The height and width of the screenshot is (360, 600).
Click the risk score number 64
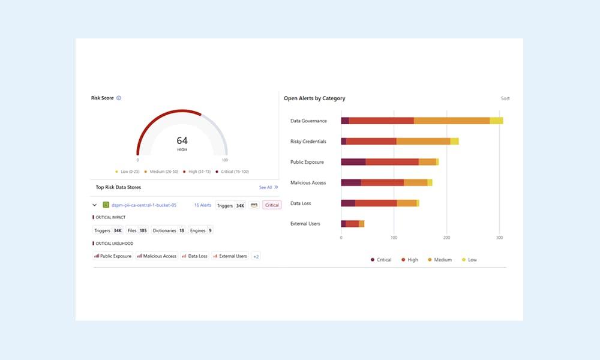click(x=182, y=140)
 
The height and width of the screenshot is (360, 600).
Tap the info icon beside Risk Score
click(x=119, y=98)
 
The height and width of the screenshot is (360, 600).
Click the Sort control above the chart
click(x=505, y=98)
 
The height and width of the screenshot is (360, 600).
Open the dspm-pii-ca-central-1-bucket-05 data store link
click(x=143, y=205)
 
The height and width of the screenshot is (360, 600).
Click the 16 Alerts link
click(x=203, y=205)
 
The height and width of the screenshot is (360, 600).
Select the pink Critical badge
click(x=272, y=205)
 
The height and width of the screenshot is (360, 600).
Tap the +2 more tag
click(x=256, y=256)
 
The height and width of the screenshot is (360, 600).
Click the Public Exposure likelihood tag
click(x=113, y=256)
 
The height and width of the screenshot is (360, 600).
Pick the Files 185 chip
click(x=137, y=230)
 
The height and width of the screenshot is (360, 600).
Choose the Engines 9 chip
click(x=201, y=230)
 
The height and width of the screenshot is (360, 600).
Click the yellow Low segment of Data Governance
click(x=496, y=121)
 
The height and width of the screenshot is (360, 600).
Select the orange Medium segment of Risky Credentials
click(x=423, y=141)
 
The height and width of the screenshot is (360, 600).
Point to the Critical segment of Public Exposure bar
click(x=353, y=162)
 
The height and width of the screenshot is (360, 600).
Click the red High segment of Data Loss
click(x=376, y=203)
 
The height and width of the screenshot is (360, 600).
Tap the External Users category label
click(x=305, y=224)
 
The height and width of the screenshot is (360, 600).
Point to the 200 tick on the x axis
click(x=446, y=238)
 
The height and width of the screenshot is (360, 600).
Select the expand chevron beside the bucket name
click(x=95, y=205)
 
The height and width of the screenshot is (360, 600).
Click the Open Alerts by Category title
click(x=314, y=98)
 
